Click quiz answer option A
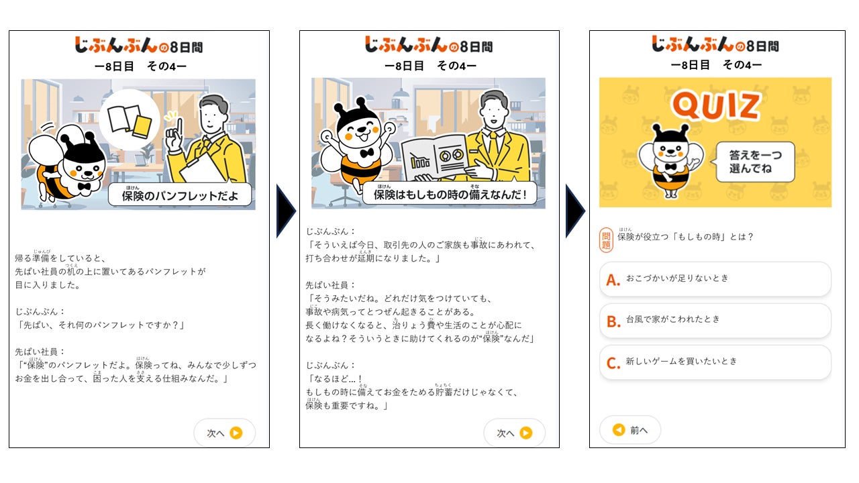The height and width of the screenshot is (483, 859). click(715, 278)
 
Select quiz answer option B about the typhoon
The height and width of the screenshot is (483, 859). click(715, 321)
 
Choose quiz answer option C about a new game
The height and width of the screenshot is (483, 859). click(715, 362)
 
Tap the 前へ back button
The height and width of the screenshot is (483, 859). click(630, 430)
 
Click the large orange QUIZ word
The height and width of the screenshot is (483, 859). click(715, 105)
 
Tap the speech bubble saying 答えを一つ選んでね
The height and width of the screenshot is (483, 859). click(755, 162)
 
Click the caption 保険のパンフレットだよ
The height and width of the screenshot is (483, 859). click(179, 195)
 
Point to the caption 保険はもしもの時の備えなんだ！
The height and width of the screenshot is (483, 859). click(450, 194)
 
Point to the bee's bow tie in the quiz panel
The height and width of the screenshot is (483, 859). click(670, 167)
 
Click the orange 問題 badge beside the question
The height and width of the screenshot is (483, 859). click(606, 240)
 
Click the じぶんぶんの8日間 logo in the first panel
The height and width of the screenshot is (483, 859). click(139, 45)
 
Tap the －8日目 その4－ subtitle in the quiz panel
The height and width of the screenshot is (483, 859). click(716, 65)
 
